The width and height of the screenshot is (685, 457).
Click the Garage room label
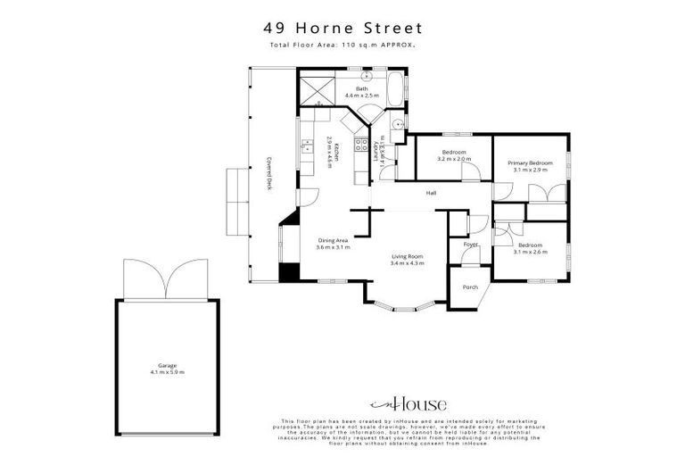pos(168,366)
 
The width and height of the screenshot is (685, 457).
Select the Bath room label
pos(362,89)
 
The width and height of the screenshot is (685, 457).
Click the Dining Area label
pos(333,241)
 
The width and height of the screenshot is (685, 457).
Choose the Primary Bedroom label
pos(530,163)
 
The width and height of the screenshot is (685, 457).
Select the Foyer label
pos(470,245)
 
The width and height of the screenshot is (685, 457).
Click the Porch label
pos(470,287)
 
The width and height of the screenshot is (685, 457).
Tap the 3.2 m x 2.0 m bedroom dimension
pos(452,159)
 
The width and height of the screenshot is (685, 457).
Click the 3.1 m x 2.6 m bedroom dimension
pos(530,252)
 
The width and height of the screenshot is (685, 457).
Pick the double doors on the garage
pos(167,279)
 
